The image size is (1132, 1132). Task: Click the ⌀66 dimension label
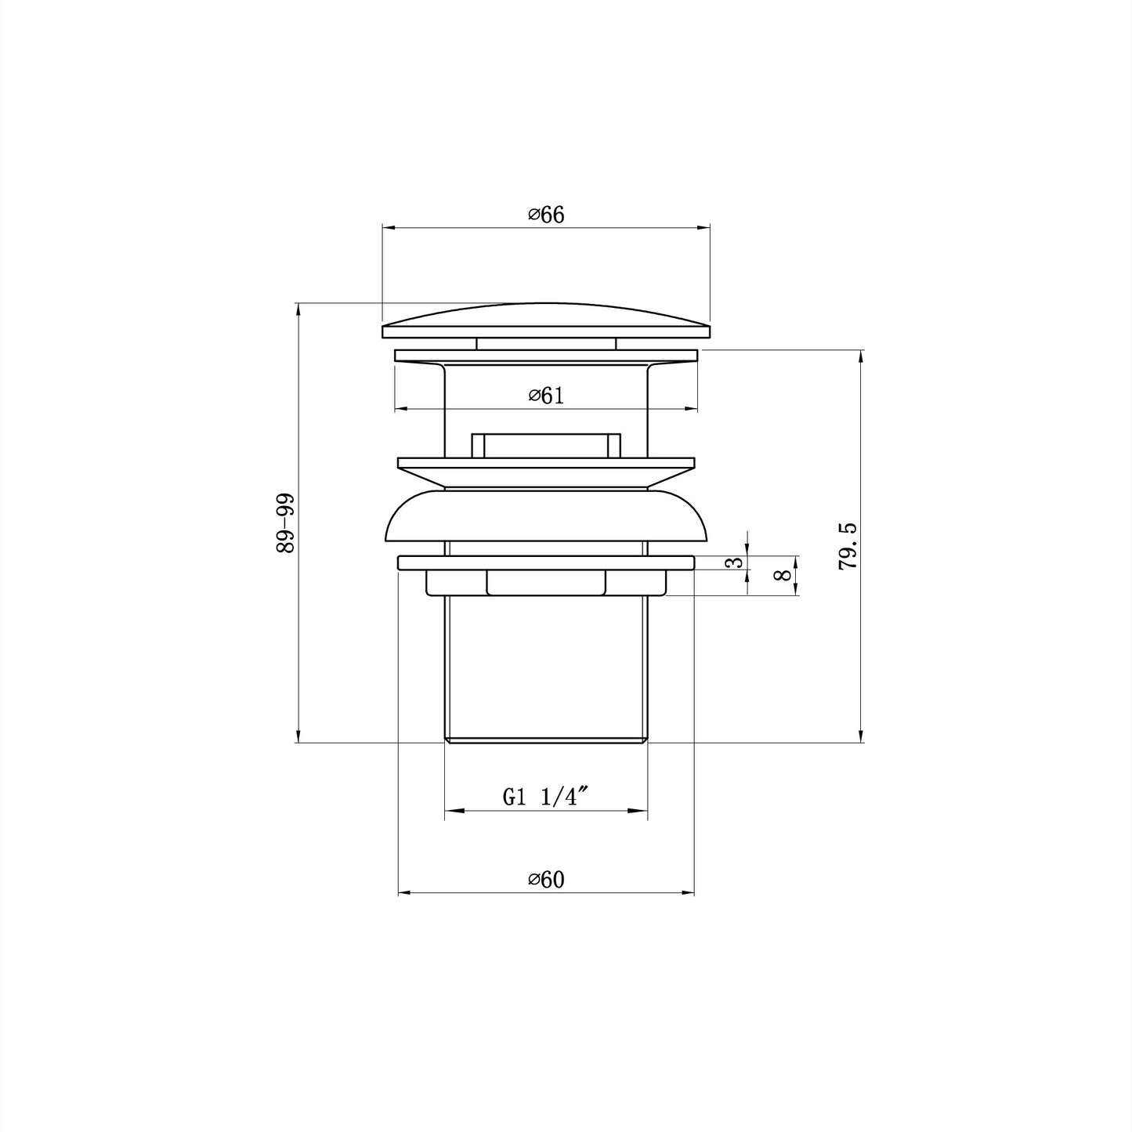[x=546, y=215]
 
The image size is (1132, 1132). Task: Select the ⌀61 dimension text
[x=546, y=396]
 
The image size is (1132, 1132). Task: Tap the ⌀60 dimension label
[x=546, y=881]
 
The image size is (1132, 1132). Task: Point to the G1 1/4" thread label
[x=545, y=798]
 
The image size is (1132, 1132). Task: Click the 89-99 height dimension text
[x=285, y=523]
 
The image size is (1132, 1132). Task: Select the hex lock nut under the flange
[x=546, y=583]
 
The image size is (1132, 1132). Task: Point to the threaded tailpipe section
[x=546, y=666]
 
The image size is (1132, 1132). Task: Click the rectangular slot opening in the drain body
[x=546, y=444]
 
